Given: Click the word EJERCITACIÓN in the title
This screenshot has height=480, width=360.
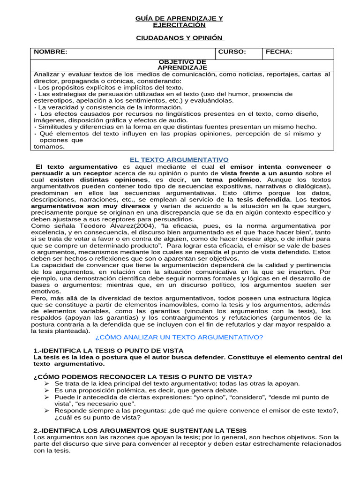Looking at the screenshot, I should point(179,25).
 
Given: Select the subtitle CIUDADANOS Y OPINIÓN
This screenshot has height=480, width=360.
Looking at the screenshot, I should point(180,37).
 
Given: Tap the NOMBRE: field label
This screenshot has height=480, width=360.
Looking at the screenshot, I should point(50,52).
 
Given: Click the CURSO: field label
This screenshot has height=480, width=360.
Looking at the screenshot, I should point(232,52).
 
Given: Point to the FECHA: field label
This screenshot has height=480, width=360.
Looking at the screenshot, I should point(279,52).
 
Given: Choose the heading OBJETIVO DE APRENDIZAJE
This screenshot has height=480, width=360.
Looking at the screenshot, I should point(182,65).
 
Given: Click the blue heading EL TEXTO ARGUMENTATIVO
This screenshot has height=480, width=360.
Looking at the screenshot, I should point(179,160).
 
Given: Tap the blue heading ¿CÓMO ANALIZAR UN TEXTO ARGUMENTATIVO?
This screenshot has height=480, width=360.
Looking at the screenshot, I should point(179,337).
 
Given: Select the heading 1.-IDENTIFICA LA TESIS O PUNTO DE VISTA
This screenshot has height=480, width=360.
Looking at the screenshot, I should point(108,351).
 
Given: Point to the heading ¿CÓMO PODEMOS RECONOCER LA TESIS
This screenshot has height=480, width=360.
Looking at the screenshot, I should point(142,377).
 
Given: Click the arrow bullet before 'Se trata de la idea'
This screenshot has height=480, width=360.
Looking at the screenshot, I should point(46,383).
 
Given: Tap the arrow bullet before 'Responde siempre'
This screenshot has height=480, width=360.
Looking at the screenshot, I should point(46,411).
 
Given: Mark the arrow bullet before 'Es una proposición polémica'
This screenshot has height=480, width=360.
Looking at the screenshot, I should point(46,390).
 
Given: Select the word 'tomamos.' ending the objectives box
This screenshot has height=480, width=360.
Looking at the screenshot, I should point(49,146).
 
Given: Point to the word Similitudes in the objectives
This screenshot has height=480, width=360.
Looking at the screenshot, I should point(54,127).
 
